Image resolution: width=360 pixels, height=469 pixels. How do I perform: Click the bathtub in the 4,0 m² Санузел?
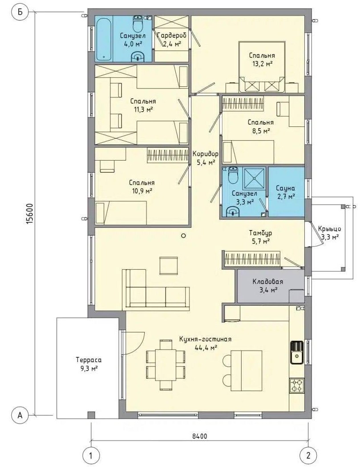[x=104, y=39]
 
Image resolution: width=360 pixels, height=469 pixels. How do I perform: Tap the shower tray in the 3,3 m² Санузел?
[x=254, y=178]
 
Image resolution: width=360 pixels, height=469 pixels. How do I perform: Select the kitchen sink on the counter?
[x=297, y=352]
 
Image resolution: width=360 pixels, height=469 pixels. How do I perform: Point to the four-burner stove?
[x=297, y=385]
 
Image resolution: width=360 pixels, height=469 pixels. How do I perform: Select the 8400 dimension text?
[x=199, y=436]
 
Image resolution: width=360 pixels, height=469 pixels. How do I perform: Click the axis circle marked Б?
[x=20, y=12]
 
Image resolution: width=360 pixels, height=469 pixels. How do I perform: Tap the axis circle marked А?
[x=20, y=416]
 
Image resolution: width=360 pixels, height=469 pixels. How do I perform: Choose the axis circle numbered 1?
[x=91, y=456]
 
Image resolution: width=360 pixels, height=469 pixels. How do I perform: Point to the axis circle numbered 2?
[x=308, y=456]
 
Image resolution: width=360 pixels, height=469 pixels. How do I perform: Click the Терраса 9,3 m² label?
[x=89, y=364]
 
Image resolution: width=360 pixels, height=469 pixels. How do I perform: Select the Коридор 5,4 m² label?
[x=205, y=158]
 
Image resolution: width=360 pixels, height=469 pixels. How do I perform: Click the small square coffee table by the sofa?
[x=169, y=265]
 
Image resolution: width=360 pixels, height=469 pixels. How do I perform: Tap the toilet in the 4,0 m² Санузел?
[x=138, y=24]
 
